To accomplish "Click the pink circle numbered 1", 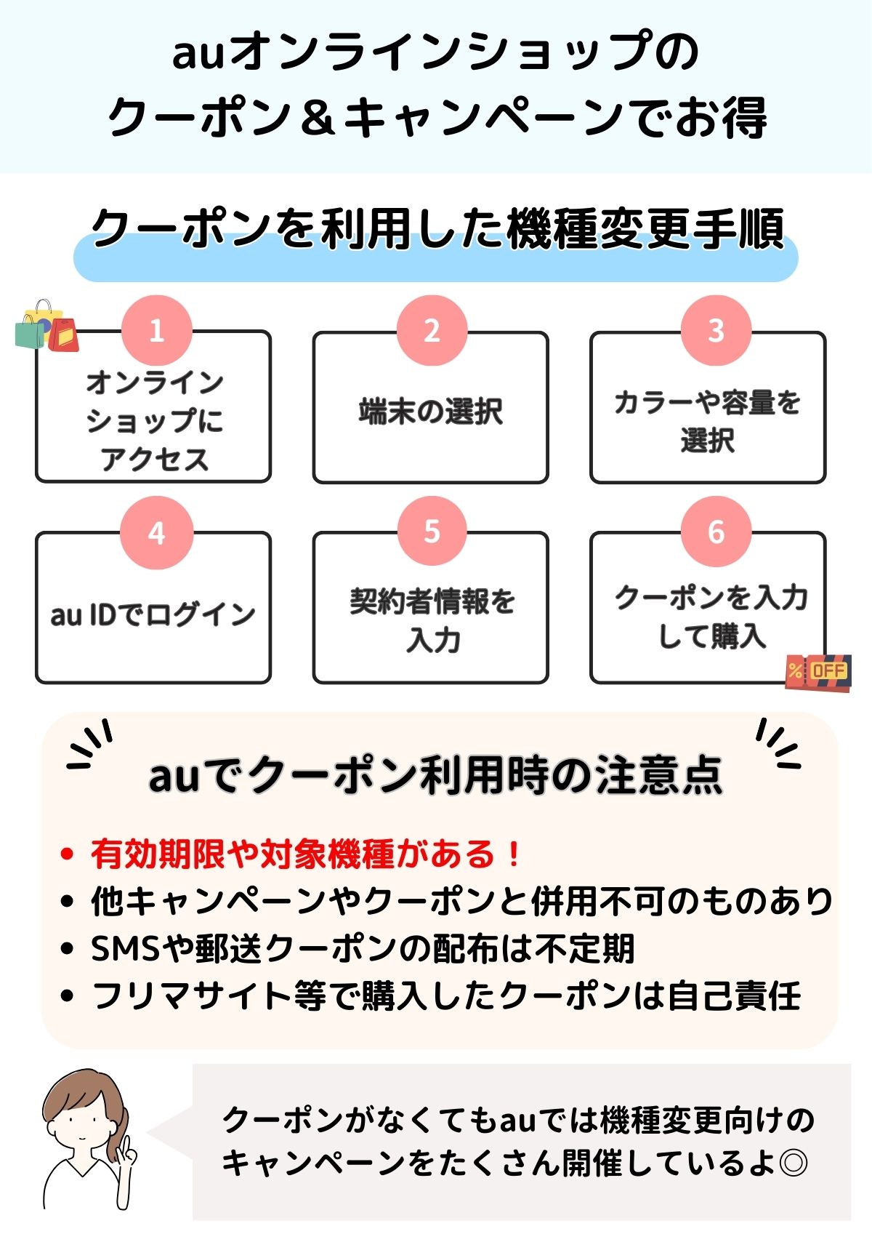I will [x=156, y=330].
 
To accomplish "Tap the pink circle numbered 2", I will [x=432, y=330].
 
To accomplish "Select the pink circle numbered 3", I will [x=716, y=330].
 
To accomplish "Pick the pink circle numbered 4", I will [x=156, y=532].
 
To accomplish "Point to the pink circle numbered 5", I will [x=432, y=531].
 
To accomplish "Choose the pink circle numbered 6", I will [x=716, y=531].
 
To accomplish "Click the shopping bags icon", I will [x=47, y=326].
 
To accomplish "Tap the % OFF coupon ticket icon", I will [x=818, y=671].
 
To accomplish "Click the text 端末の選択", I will [x=431, y=411].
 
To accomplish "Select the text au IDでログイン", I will [x=153, y=614].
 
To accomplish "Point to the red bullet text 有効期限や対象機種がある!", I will [x=305, y=854].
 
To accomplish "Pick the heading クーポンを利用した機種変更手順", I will [x=436, y=229].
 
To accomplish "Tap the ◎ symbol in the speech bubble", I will [x=792, y=1162].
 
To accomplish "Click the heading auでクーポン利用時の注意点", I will [x=436, y=775].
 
